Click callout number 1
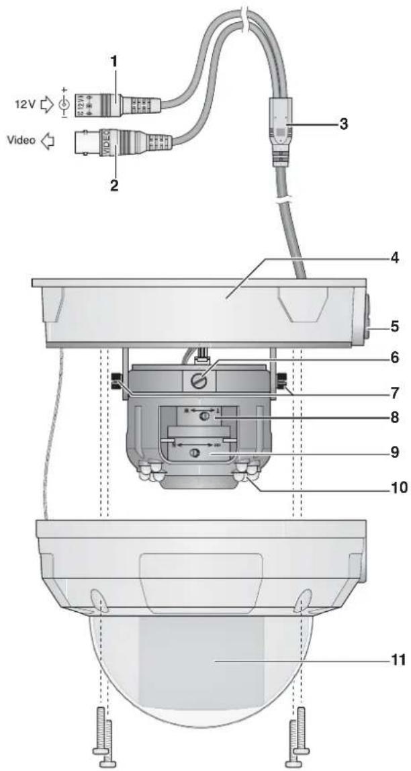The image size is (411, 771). (x=114, y=61)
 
